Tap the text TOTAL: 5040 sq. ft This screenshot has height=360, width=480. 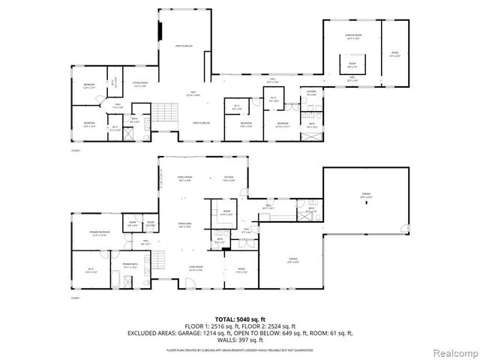(241, 319)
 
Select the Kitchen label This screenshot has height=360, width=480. (229, 178)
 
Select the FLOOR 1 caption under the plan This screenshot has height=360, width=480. (75, 298)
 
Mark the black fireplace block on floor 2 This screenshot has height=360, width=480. (160, 32)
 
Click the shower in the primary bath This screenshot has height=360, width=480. (130, 282)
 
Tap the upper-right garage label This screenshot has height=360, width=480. (367, 193)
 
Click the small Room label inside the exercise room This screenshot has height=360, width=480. (352, 65)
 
